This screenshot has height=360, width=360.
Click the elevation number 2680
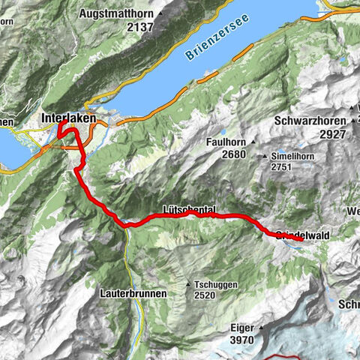[226, 154]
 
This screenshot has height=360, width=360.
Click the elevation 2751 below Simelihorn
[281, 169]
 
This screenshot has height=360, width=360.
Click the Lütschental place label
[188, 210]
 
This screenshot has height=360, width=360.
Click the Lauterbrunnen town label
[133, 294]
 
